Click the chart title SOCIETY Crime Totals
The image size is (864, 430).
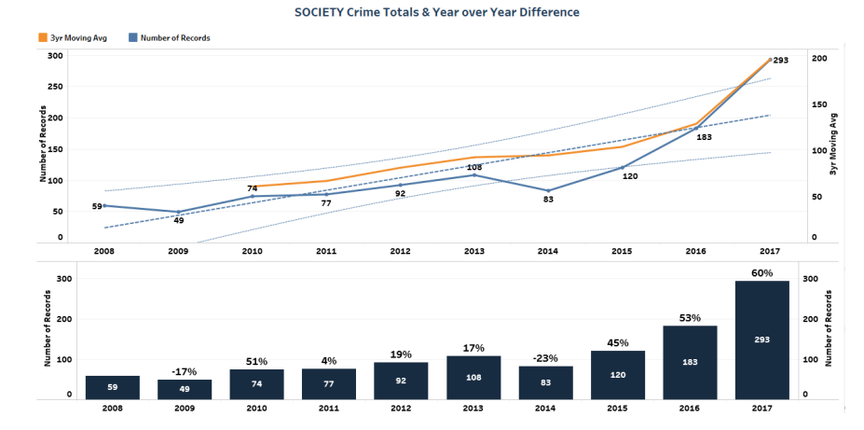click(436, 12)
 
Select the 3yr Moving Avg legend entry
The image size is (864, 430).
click(66, 37)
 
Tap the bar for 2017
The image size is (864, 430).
click(762, 340)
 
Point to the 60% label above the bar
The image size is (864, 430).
click(762, 271)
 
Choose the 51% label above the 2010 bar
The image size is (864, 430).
click(256, 361)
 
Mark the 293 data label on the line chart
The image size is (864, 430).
click(781, 61)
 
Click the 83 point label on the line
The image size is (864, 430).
click(549, 199)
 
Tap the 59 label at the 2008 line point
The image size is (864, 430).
click(96, 206)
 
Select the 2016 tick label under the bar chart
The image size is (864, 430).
click(691, 408)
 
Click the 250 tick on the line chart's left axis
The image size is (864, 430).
click(55, 87)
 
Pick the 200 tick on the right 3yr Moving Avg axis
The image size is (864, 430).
click(819, 58)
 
